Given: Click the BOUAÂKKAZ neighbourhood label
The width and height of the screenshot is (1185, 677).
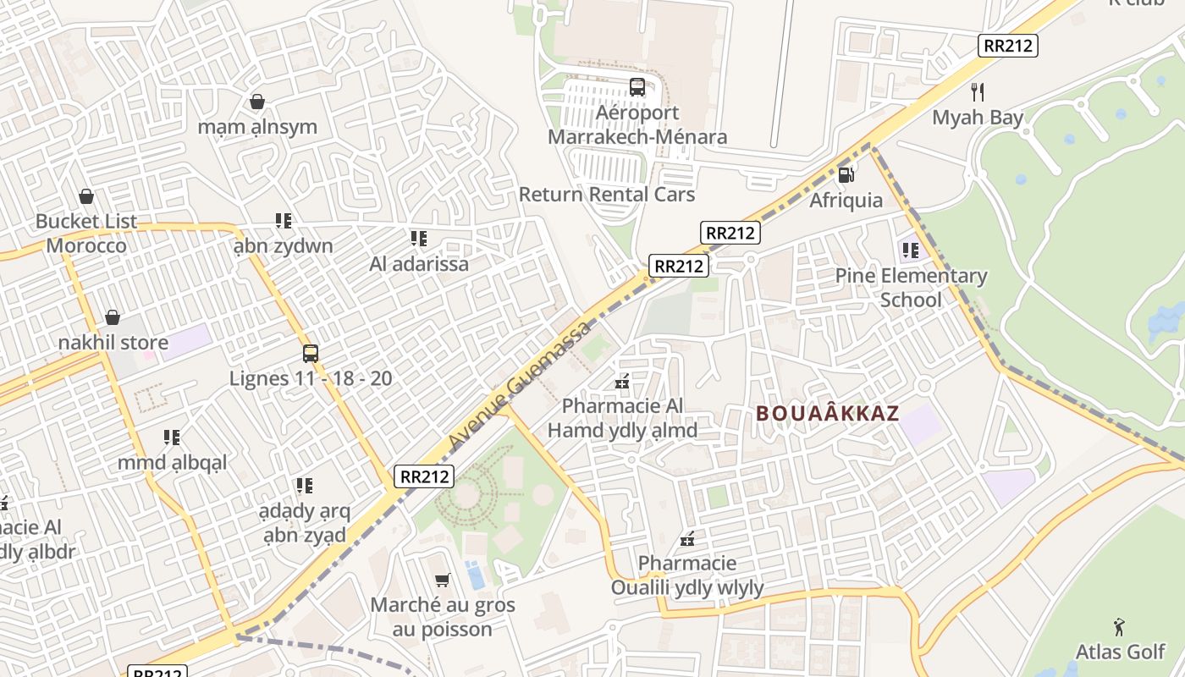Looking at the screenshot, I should point(827,414).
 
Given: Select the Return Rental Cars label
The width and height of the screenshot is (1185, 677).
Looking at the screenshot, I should point(606,195).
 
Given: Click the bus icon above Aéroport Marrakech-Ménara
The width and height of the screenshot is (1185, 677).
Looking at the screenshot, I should point(637,87).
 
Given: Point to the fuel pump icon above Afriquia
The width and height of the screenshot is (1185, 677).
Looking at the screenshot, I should point(845,175).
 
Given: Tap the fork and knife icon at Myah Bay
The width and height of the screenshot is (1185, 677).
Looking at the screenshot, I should point(978,91).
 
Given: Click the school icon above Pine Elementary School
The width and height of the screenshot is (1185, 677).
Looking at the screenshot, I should point(911,250).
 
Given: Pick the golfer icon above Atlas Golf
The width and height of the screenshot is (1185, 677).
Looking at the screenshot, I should point(1119,627).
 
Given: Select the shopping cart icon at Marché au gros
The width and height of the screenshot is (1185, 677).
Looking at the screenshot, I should point(442,580).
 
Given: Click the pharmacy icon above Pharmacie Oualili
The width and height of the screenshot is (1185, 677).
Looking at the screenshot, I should point(687,538).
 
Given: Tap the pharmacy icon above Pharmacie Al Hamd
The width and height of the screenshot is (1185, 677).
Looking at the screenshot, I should point(622,382).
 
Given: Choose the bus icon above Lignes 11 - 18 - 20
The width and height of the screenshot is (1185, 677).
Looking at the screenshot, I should point(311,353).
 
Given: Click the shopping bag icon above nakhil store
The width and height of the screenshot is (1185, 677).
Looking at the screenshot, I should point(113,317).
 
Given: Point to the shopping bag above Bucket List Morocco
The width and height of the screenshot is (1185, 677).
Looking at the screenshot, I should point(85,196).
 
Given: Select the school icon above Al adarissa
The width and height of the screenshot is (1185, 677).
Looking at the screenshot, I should point(418,239).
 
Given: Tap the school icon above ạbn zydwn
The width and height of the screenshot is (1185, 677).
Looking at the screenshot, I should point(284,221).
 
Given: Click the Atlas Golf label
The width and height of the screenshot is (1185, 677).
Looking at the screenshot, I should point(1120,652).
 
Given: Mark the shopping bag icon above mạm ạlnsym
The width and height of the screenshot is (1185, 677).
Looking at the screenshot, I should point(257,102).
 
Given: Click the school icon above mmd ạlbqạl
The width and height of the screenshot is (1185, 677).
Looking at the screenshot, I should point(172,438).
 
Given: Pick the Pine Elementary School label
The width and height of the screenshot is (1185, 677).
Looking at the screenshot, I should point(911,288).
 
